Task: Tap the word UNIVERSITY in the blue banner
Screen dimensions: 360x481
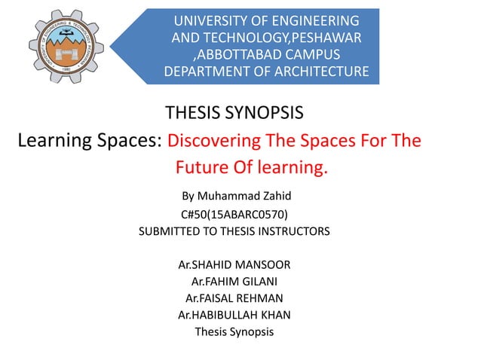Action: coord(209,20)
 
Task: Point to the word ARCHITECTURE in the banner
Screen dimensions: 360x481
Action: coord(316,72)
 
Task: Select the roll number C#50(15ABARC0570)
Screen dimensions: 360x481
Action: coord(234,214)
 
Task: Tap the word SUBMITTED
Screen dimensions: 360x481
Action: coord(176,232)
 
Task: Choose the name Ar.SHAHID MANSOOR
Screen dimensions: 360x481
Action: coord(234,265)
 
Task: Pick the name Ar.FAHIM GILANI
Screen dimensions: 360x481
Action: coord(234,282)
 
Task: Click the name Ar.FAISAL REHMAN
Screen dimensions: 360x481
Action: coord(234,298)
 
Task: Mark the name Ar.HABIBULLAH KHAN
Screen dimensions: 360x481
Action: coord(234,315)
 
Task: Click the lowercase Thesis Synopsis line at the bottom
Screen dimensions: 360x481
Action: coord(234,331)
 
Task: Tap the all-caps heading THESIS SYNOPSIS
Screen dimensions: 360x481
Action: coord(234,114)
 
